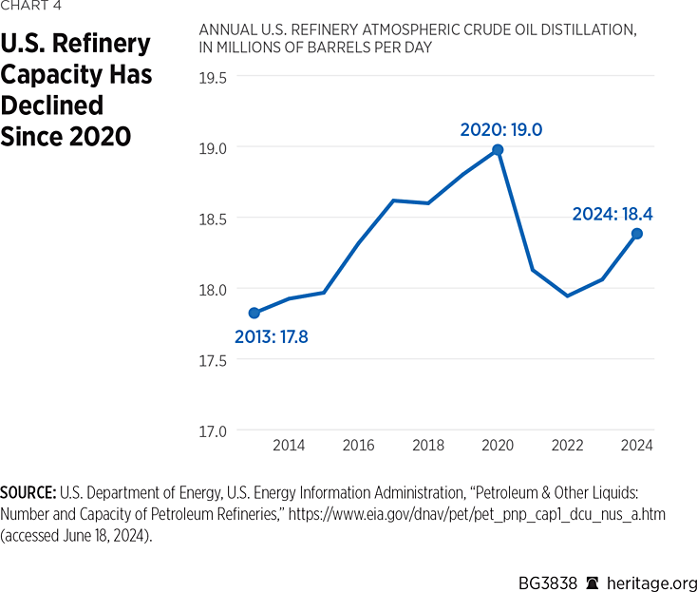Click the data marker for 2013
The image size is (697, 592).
[x=254, y=313]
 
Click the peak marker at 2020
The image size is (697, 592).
[x=498, y=149]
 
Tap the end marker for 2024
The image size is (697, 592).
[x=637, y=234]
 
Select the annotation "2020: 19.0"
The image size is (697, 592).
[x=500, y=129]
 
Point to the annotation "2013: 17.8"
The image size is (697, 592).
[x=272, y=336]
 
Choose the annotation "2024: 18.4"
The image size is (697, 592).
[x=612, y=215]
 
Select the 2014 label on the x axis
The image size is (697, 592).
[x=289, y=446]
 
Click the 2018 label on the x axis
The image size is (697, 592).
[x=428, y=446]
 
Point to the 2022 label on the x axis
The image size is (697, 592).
[x=568, y=446]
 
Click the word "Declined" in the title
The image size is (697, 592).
[x=52, y=105]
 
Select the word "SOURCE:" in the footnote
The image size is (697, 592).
[x=28, y=493]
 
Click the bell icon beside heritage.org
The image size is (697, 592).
[x=593, y=573]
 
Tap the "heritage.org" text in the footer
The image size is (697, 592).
[x=651, y=573]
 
